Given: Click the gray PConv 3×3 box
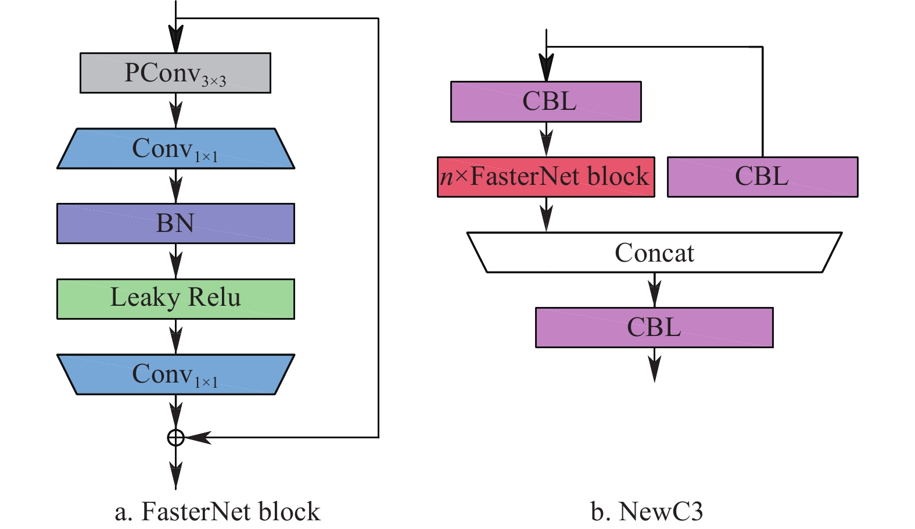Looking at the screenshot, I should click(x=175, y=73).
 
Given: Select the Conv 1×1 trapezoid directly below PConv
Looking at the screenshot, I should click(x=175, y=149).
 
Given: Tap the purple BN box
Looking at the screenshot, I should click(x=175, y=223).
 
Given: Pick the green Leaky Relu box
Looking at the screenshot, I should click(x=175, y=299).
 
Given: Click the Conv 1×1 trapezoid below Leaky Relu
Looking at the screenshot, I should click(x=175, y=374).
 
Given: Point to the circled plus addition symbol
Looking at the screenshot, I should click(x=175, y=437).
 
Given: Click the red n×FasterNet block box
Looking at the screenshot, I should click(x=546, y=177).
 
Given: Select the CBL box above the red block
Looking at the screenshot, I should click(x=546, y=102).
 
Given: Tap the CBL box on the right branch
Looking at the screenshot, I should click(x=762, y=177).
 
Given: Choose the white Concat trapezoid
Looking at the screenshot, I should click(x=654, y=253).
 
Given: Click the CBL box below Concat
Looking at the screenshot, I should click(x=654, y=327).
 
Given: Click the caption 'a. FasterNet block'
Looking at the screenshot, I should click(x=217, y=512).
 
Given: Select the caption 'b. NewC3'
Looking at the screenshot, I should click(x=646, y=512).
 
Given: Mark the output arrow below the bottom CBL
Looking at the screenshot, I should click(x=654, y=366).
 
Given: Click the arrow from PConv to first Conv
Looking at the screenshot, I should click(x=175, y=112).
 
